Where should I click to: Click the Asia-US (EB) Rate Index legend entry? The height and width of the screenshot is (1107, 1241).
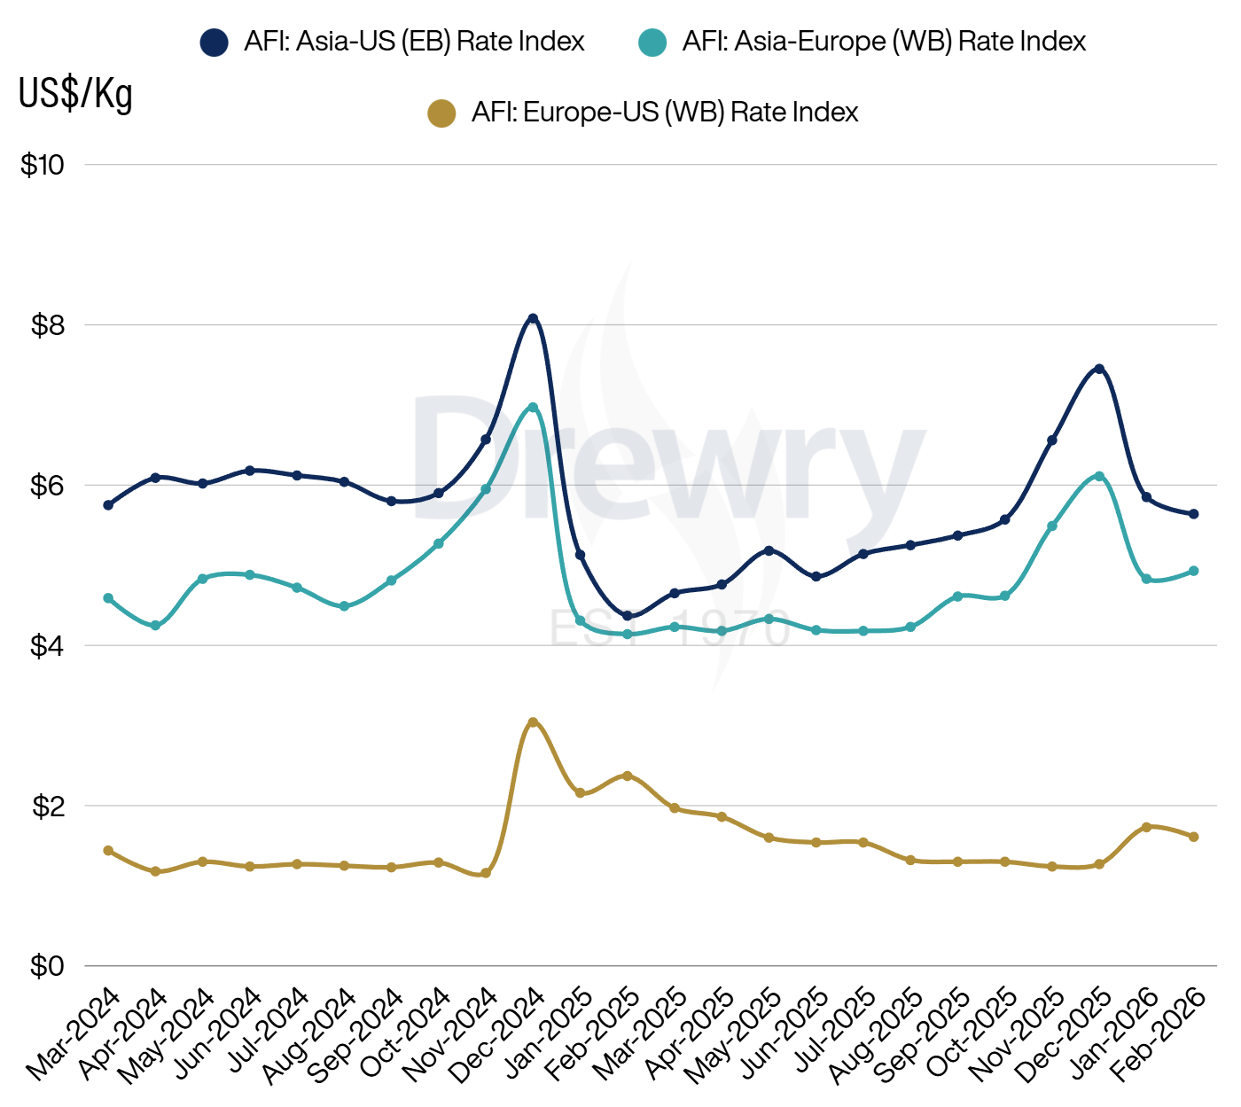point(392,42)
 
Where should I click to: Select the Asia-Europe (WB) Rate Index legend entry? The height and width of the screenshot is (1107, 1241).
point(862,42)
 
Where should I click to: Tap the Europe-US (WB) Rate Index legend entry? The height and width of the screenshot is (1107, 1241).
point(644,113)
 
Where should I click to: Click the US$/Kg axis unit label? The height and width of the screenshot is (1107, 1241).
point(76,93)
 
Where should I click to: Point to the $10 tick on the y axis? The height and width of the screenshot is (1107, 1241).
point(43,165)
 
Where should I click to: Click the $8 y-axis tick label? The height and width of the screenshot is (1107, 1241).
point(48,325)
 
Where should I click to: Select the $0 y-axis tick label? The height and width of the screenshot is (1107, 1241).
point(48,966)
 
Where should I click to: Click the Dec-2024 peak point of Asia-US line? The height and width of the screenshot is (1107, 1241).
point(533,318)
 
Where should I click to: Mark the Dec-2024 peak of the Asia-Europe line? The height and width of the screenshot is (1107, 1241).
point(533,408)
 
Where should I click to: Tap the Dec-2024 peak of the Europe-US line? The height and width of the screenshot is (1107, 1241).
point(533,722)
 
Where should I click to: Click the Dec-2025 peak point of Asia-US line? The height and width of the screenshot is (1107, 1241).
point(1099,369)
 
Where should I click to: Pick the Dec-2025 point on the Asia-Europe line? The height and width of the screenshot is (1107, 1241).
point(1099,476)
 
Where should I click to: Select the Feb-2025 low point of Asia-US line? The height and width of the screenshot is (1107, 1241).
point(628,616)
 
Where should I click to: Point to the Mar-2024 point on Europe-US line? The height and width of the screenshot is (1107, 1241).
point(108,851)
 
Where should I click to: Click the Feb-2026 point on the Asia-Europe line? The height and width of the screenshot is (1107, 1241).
point(1194,571)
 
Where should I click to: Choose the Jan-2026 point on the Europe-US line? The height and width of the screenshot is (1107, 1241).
point(1146,827)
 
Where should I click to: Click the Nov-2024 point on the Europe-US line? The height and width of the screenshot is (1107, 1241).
point(486,874)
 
